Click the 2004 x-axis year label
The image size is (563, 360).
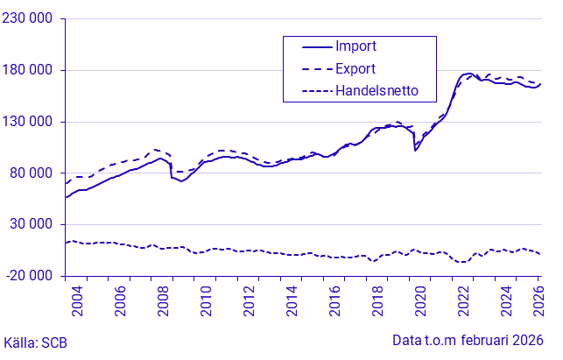click(77, 300)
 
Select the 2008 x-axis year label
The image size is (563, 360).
click(163, 300)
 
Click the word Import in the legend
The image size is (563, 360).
click(356, 46)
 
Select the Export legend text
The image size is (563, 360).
click(356, 68)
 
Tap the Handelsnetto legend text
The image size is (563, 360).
click(377, 90)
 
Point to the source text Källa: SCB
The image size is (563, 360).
click(36, 342)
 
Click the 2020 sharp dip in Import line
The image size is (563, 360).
click(415, 151)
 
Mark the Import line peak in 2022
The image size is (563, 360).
click(468, 74)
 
